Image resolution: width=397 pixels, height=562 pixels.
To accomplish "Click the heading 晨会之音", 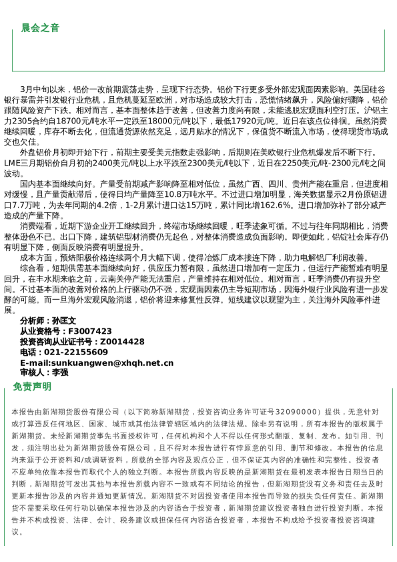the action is (x=40, y=28).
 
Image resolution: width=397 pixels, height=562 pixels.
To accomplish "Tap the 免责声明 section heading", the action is (x=32, y=386).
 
